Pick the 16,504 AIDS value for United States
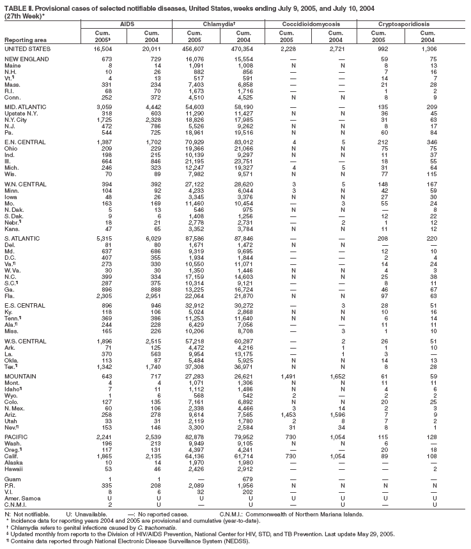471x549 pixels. pos(104,49)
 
